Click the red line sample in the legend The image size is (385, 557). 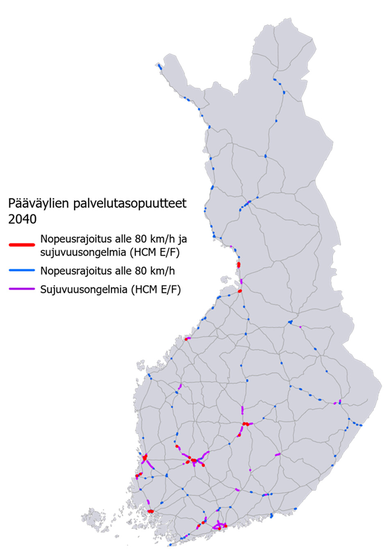(22, 245)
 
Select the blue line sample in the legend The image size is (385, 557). (22, 270)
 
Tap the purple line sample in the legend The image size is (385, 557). (22, 289)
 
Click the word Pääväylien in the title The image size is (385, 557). (39, 204)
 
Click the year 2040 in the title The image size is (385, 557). (22, 219)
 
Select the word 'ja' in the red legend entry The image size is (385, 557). (183, 239)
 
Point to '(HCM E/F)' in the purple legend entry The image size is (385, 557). (156, 290)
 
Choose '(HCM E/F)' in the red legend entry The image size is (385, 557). (155, 252)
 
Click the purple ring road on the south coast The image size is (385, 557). (219, 525)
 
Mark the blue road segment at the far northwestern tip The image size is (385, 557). (159, 67)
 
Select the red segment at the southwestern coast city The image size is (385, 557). (150, 511)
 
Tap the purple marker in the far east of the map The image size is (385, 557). (340, 402)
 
